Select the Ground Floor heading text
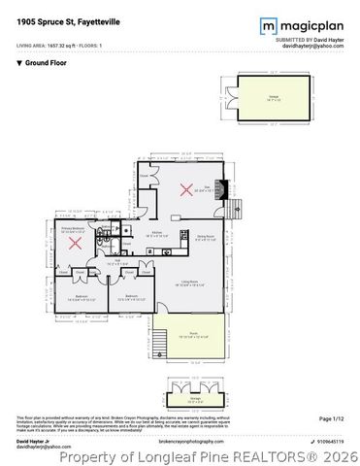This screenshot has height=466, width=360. point(44,62)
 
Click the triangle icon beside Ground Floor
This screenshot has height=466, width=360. point(19,62)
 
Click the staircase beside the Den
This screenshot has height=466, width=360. point(232,206)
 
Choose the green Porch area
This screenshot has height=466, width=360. point(189,336)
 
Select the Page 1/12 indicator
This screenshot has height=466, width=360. point(332,418)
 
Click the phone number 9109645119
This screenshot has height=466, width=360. point(329,440)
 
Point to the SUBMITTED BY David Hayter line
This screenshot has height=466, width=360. point(312,38)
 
